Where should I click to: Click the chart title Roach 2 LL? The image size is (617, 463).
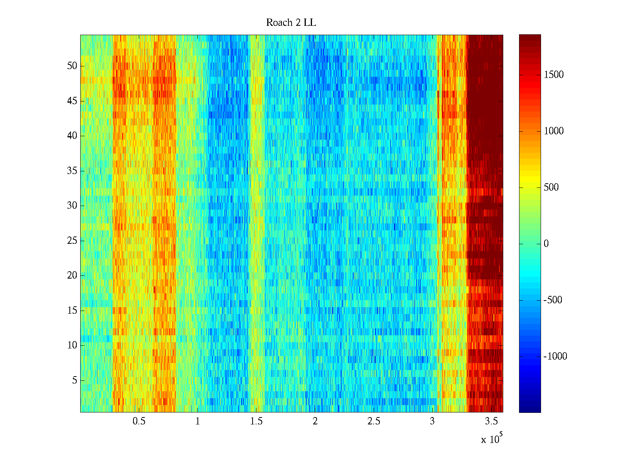pos(291,23)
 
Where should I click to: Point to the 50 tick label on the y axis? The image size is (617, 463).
pos(72,66)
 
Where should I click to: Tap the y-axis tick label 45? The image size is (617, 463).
pos(72,101)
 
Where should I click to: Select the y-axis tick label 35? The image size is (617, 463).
pos(72,171)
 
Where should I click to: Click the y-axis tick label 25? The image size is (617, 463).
pos(72,241)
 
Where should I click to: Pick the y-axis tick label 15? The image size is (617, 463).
pos(72,311)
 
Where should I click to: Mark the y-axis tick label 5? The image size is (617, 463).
pos(74,380)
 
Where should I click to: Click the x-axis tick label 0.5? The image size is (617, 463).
pos(139,421)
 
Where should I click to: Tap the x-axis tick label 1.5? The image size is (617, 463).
pos(256,421)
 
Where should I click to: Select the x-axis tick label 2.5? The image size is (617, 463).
pos(374,421)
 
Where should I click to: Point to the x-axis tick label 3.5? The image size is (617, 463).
pos(491,421)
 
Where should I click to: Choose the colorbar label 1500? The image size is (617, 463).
pos(554,75)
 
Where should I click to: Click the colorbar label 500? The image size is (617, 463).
pos(551,188)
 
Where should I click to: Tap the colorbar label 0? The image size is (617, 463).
pos(546,244)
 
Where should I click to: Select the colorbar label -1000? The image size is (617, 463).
pos(555,357)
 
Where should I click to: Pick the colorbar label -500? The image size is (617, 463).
pos(553,300)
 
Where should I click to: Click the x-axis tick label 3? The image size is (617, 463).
pos(432,421)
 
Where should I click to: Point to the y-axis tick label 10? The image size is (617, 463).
pos(72,345)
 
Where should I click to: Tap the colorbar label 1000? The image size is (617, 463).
pos(554,131)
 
